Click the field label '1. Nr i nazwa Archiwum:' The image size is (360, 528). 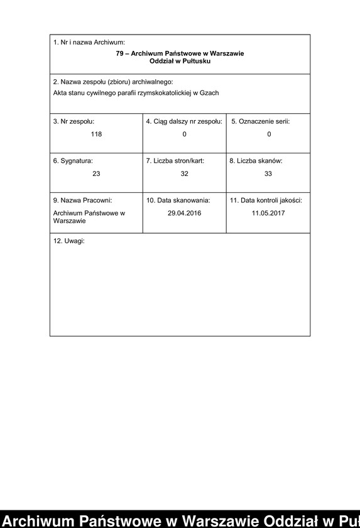pyautogui.click(x=89, y=42)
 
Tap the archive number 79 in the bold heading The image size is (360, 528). pyautogui.click(x=120, y=53)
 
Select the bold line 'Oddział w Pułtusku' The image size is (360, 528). pyautogui.click(x=180, y=61)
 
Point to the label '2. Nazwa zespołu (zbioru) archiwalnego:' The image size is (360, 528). pyautogui.click(x=112, y=82)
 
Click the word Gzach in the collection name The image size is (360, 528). pyautogui.click(x=209, y=93)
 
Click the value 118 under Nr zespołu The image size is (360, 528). pyautogui.click(x=96, y=134)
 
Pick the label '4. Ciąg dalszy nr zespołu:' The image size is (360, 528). pyautogui.click(x=184, y=121)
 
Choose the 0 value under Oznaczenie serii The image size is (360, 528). pyautogui.click(x=269, y=134)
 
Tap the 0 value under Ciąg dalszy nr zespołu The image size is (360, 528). pyautogui.click(x=184, y=134)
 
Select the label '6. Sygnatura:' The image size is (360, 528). pyautogui.click(x=72, y=161)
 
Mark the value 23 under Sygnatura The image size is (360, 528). pyautogui.click(x=96, y=173)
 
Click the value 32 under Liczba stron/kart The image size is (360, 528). pyautogui.click(x=184, y=173)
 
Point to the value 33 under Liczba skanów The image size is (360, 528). pyautogui.click(x=268, y=173)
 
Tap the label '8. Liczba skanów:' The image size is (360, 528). pyautogui.click(x=256, y=161)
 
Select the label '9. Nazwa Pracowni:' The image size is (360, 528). pyautogui.click(x=82, y=201)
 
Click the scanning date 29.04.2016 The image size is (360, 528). pyautogui.click(x=184, y=213)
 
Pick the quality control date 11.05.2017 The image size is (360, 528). pyautogui.click(x=268, y=213)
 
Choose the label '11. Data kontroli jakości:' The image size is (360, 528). pyautogui.click(x=266, y=201)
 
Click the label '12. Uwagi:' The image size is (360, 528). pyautogui.click(x=68, y=241)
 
